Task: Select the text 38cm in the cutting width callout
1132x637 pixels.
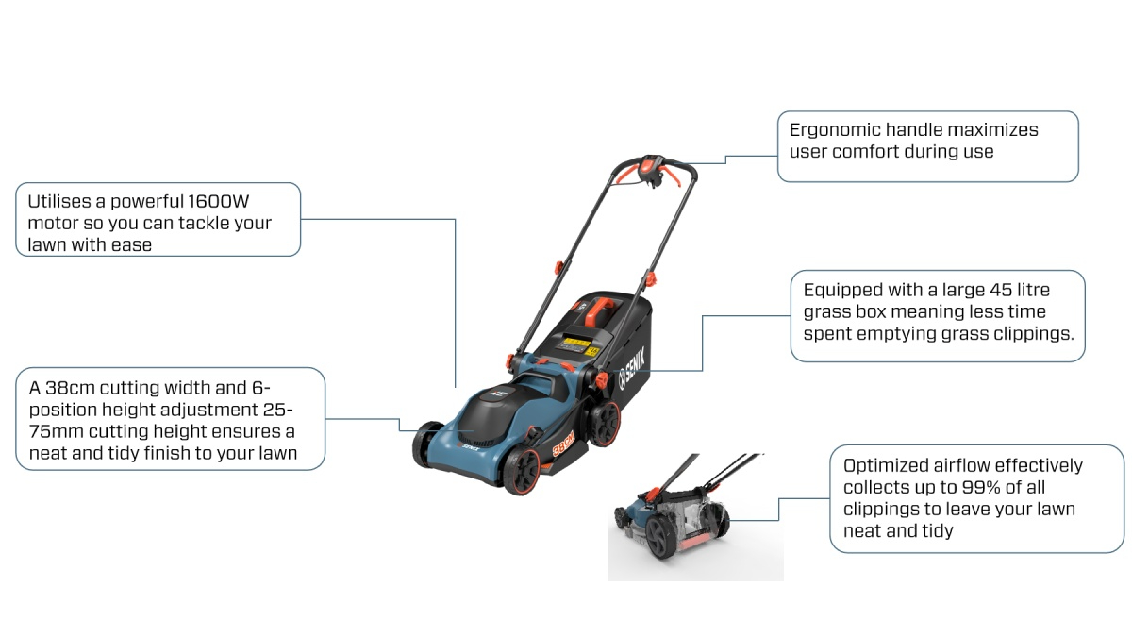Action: pyautogui.click(x=70, y=388)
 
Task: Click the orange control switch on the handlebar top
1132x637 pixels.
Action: pyautogui.click(x=652, y=168)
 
